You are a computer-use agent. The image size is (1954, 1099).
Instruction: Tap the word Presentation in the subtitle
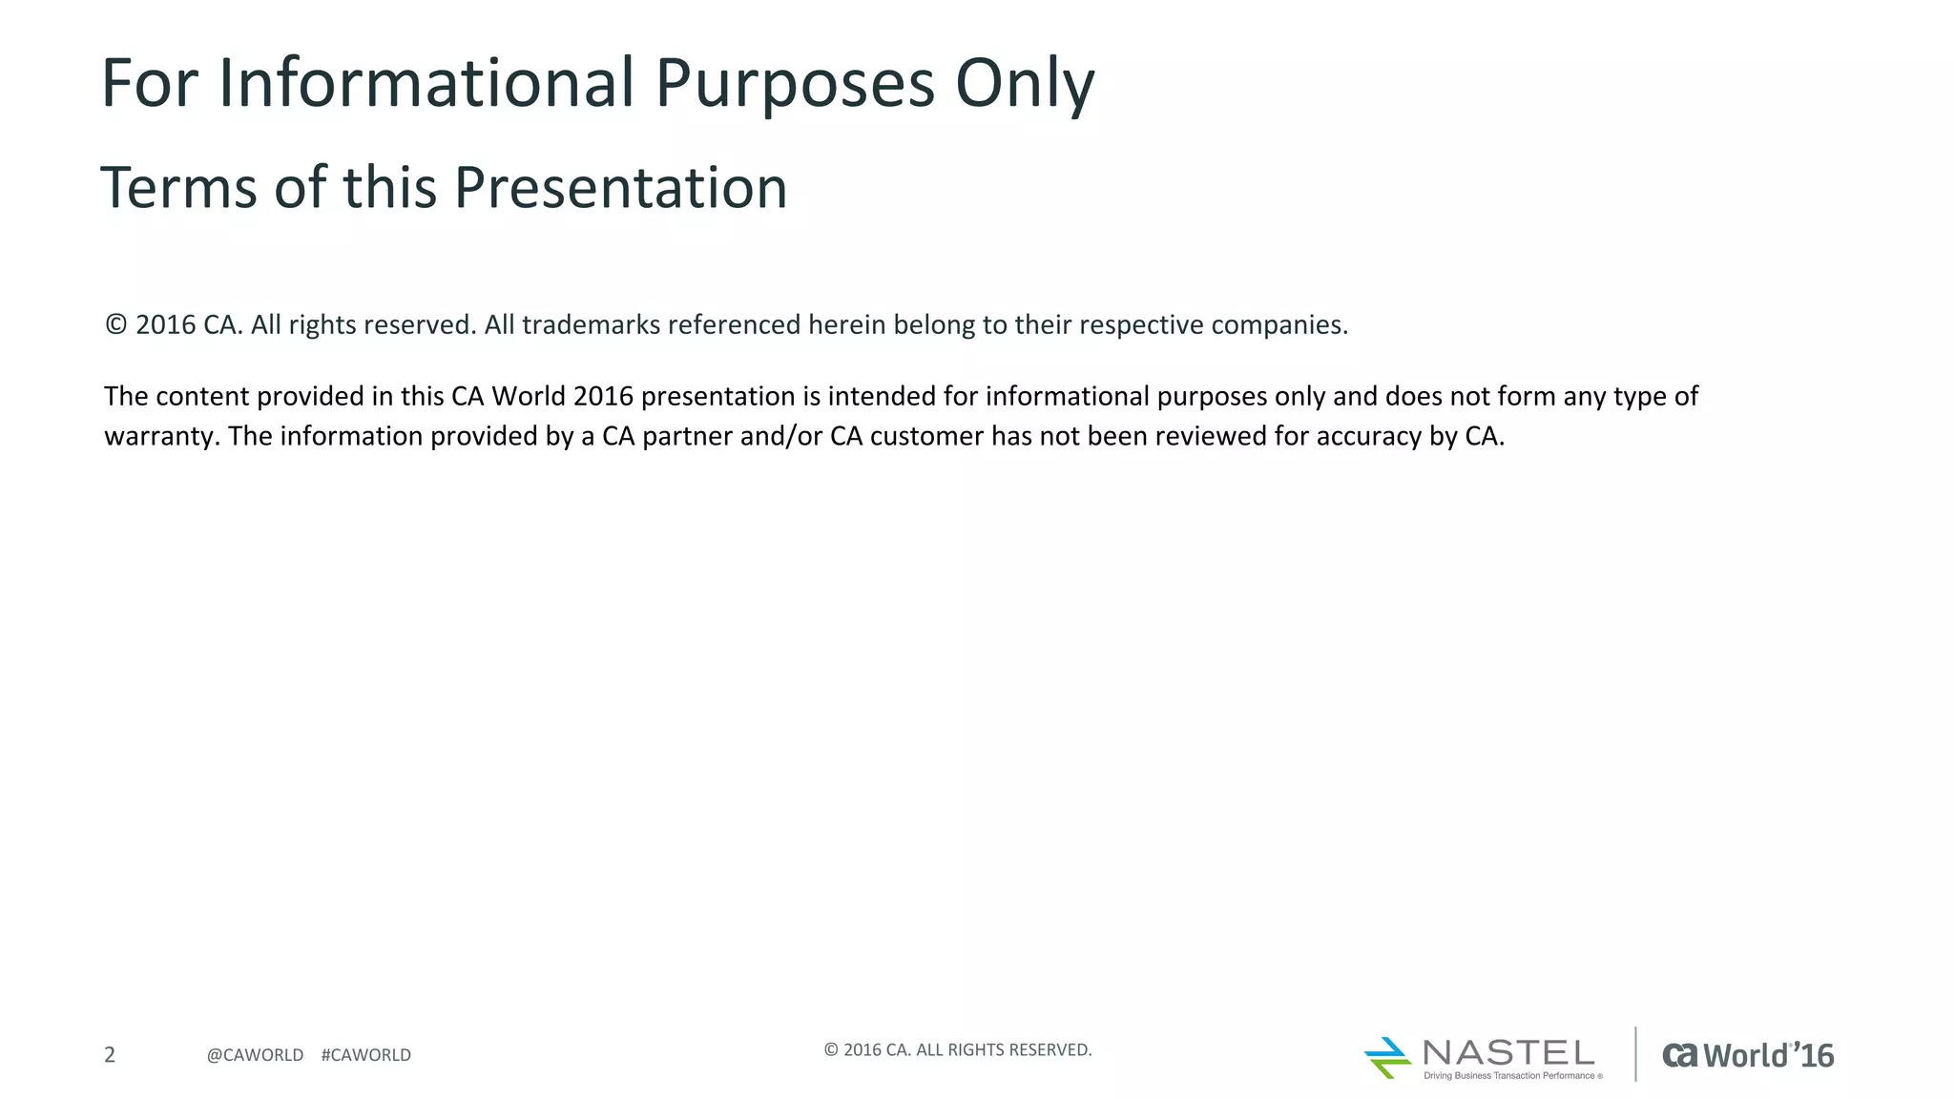(620, 187)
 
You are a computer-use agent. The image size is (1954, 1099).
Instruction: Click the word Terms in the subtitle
(178, 187)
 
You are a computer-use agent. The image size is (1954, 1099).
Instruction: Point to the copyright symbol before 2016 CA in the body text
(115, 325)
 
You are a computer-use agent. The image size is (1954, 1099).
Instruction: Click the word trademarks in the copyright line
(591, 325)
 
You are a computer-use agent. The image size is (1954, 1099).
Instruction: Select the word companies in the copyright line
(1278, 325)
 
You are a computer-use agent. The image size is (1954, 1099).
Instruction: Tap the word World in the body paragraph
(529, 396)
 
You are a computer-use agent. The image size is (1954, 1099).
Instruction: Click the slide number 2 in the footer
(110, 1054)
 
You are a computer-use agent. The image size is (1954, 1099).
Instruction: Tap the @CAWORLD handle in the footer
(255, 1055)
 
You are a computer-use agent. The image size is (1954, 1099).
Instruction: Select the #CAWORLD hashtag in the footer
(366, 1055)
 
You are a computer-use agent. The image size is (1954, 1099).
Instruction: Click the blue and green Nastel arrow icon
(1387, 1058)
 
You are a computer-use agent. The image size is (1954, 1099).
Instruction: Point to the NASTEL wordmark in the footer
(1508, 1052)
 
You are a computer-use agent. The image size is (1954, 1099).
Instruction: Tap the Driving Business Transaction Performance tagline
(1509, 1076)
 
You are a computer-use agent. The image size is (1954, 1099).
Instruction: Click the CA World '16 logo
(1748, 1055)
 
